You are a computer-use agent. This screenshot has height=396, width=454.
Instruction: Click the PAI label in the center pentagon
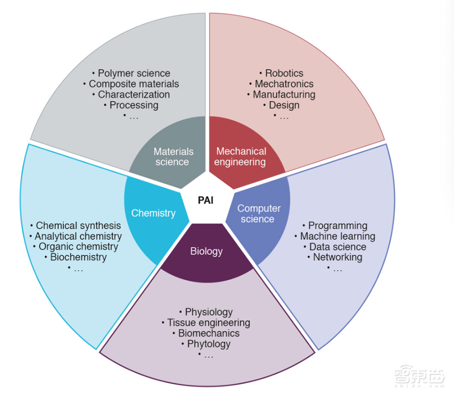pyautogui.click(x=206, y=201)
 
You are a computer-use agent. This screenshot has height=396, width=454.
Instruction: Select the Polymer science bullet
pyautogui.click(x=131, y=73)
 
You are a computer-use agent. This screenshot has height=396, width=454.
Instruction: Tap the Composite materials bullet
pyautogui.click(x=131, y=84)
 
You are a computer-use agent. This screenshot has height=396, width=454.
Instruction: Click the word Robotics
pyautogui.click(x=284, y=73)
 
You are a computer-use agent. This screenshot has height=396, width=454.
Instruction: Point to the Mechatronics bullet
pyautogui.click(x=281, y=84)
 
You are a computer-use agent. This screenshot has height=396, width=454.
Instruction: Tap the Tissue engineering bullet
pyautogui.click(x=206, y=323)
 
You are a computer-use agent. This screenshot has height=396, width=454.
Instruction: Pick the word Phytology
pyautogui.click(x=209, y=344)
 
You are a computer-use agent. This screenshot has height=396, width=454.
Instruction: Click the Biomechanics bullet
pyautogui.click(x=206, y=333)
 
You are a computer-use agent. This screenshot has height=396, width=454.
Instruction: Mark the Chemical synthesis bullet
pyautogui.click(x=75, y=226)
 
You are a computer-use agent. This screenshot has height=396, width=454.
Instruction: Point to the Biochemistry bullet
pyautogui.click(x=75, y=257)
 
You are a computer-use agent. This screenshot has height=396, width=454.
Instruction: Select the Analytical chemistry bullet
pyautogui.click(x=75, y=236)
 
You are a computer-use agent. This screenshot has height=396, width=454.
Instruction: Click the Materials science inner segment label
pyautogui.click(x=173, y=157)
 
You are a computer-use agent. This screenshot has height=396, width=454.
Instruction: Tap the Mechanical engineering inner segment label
pyautogui.click(x=241, y=157)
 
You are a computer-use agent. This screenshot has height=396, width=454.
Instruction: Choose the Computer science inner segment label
pyautogui.click(x=258, y=214)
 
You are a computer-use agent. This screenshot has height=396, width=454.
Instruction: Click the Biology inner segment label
pyautogui.click(x=206, y=251)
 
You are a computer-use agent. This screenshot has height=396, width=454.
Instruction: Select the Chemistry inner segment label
pyautogui.click(x=153, y=213)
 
